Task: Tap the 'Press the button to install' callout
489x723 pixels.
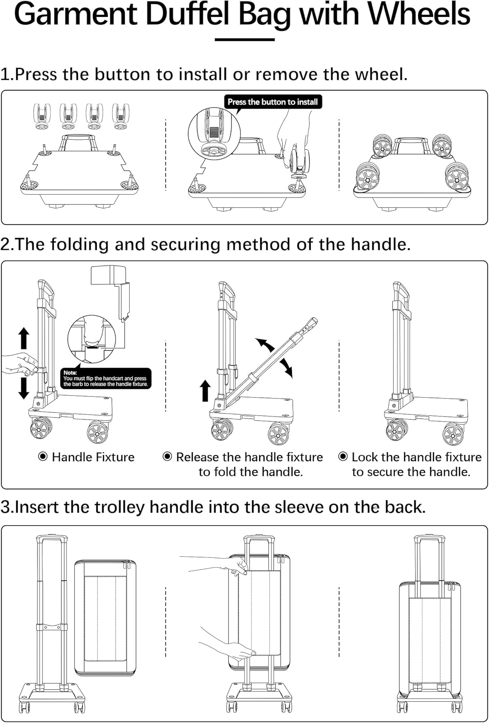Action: [273, 102]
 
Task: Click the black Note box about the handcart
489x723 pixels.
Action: [106, 379]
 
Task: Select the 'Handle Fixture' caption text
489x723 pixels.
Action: [93, 457]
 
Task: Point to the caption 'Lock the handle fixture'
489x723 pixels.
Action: [416, 457]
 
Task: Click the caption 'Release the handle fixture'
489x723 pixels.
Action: [249, 457]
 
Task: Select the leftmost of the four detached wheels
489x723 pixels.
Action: [42, 116]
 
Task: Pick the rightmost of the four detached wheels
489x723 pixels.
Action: [120, 116]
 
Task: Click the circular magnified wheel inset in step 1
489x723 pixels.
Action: [214, 134]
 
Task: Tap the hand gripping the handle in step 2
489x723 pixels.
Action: [19, 363]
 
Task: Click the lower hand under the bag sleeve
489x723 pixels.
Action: [226, 646]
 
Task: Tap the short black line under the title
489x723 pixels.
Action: [244, 40]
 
